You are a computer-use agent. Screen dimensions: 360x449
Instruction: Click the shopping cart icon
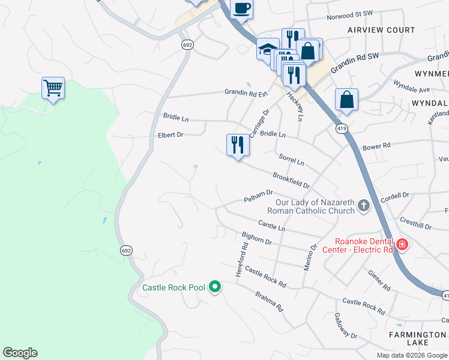(x=53, y=88)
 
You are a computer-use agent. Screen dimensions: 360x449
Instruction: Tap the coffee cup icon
(x=241, y=8)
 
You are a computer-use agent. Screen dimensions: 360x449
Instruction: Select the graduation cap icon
(x=267, y=49)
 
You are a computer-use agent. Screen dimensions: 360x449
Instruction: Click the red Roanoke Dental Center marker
(x=401, y=244)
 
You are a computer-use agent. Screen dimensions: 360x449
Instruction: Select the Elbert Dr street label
(x=170, y=135)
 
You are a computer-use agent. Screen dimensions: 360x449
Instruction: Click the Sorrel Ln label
(x=292, y=159)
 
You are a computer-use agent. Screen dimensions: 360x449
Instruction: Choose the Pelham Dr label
(x=258, y=196)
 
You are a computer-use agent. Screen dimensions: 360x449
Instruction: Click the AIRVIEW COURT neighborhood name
(x=381, y=30)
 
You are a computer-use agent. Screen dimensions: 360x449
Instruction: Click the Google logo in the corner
(x=20, y=353)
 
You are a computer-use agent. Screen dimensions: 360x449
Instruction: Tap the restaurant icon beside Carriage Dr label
(x=238, y=145)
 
